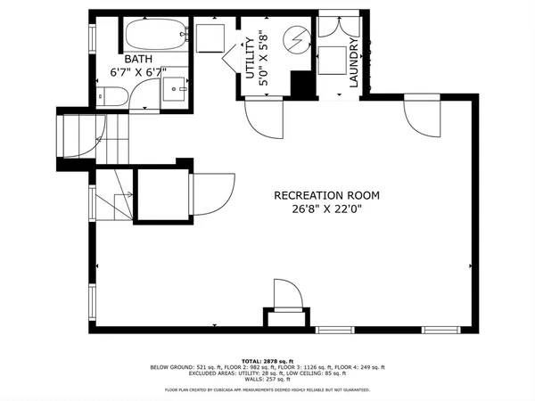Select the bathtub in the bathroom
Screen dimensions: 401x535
click(x=152, y=37)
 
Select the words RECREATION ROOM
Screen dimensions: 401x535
click(x=326, y=195)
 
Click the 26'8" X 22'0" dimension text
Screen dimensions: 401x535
click(x=326, y=210)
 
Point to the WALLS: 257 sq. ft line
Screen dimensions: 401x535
click(x=267, y=378)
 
